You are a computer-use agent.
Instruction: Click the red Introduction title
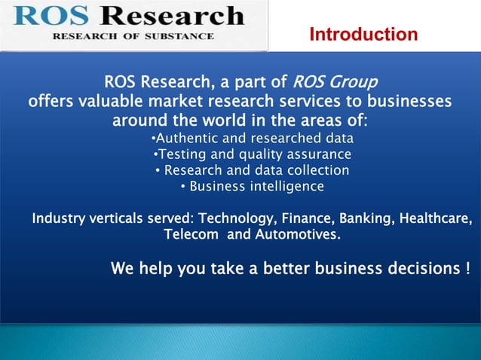pos(363,35)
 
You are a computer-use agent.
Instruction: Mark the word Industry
pos(57,219)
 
